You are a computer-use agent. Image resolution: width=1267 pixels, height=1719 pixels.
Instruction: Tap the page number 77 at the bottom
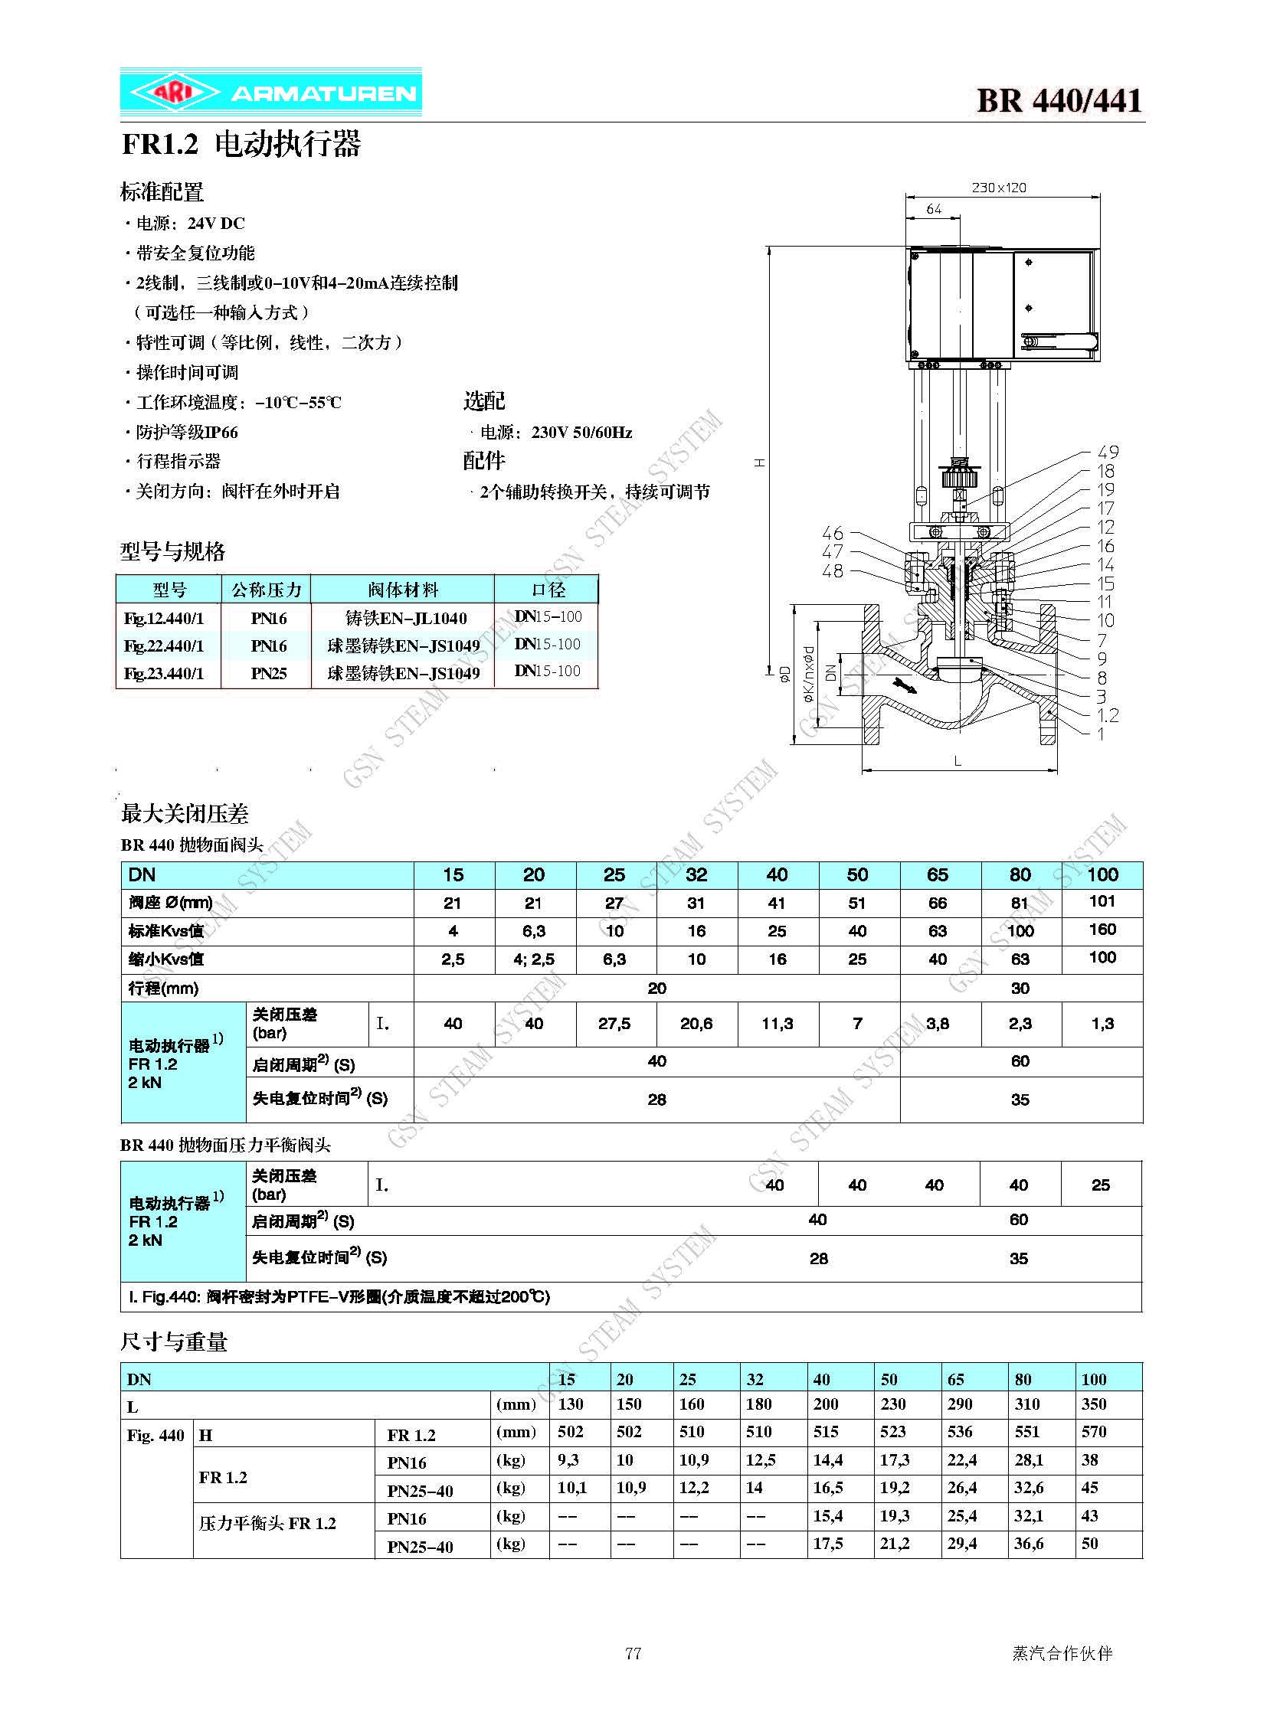tap(633, 1653)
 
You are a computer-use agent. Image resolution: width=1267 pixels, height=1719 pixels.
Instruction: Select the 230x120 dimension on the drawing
tap(999, 188)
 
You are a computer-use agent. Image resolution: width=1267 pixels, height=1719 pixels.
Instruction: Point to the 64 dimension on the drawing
tap(933, 209)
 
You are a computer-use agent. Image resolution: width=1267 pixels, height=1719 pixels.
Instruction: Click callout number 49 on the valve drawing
tap(1108, 453)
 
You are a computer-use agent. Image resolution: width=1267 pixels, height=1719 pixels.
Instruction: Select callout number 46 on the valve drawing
tap(832, 533)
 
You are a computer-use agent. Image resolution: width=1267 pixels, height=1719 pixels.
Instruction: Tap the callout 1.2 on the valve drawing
tap(1107, 715)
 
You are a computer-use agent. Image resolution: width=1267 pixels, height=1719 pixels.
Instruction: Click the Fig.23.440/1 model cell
tap(164, 673)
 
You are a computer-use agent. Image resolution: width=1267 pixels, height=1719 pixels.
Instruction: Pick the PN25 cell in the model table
tap(268, 673)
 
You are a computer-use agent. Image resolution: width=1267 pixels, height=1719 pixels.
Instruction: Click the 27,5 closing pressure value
tap(614, 1024)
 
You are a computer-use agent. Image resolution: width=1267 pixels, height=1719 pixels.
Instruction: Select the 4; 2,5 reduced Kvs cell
tap(534, 959)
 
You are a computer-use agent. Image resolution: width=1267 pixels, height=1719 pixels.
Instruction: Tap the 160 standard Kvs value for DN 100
tap(1102, 930)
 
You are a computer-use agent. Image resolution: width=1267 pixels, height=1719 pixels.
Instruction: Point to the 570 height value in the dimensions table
tap(1094, 1431)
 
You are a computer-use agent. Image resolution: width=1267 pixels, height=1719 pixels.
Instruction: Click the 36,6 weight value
tap(1029, 1544)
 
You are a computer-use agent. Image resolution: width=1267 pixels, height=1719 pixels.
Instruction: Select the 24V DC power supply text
tap(216, 223)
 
